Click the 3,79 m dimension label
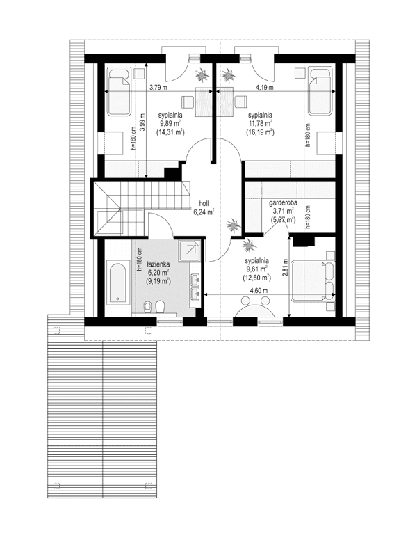[x=160, y=88]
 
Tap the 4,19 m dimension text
[x=264, y=88]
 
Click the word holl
[x=204, y=205]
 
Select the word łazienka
[x=158, y=265]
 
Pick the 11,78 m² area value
[x=261, y=123]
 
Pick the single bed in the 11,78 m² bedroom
[x=320, y=92]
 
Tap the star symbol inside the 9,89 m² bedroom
[x=202, y=74]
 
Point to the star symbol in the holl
[x=233, y=225]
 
